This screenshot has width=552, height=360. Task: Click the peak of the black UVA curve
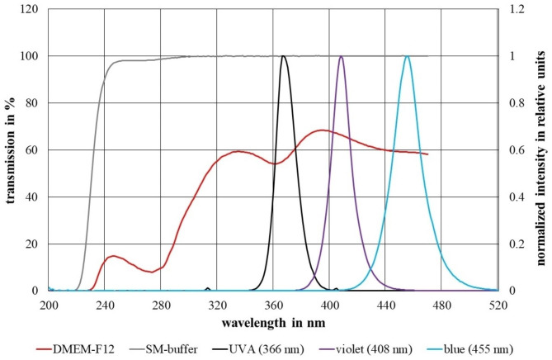(283, 56)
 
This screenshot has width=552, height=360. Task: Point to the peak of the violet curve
(342, 56)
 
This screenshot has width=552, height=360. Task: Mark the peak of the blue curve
(407, 56)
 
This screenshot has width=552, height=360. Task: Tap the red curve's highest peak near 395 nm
(321, 130)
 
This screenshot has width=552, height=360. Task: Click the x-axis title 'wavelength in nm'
(273, 321)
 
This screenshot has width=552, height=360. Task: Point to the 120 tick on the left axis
(33, 9)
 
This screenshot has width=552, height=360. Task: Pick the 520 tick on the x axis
(498, 303)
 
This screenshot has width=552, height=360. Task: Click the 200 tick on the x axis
(49, 303)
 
